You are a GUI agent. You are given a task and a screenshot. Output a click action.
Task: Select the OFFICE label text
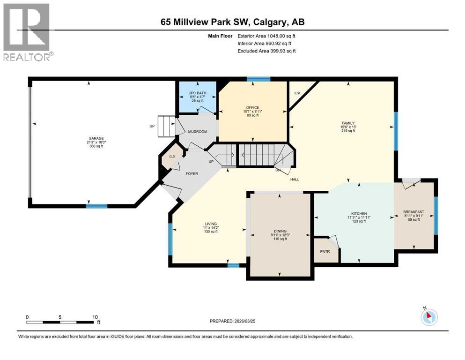pyautogui.click(x=253, y=108)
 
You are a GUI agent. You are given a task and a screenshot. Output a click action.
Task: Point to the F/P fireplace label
pyautogui.click(x=297, y=93)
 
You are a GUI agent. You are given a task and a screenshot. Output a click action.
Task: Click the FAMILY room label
pyautogui.click(x=347, y=123)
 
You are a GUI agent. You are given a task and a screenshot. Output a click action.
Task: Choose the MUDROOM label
pyautogui.click(x=197, y=132)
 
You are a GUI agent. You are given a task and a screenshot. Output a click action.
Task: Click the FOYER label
pyautogui.click(x=192, y=173)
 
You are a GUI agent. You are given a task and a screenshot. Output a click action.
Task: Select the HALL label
pyautogui.click(x=295, y=179)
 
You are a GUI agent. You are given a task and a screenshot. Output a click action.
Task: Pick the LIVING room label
pyautogui.click(x=210, y=224)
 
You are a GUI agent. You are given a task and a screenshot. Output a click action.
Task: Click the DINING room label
pyautogui.click(x=280, y=231)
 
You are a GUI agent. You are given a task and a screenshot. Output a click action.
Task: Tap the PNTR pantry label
pyautogui.click(x=325, y=252)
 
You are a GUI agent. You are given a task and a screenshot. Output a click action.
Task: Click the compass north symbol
pyautogui.click(x=428, y=317)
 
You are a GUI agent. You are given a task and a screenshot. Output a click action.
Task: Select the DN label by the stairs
pyautogui.click(x=278, y=170)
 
